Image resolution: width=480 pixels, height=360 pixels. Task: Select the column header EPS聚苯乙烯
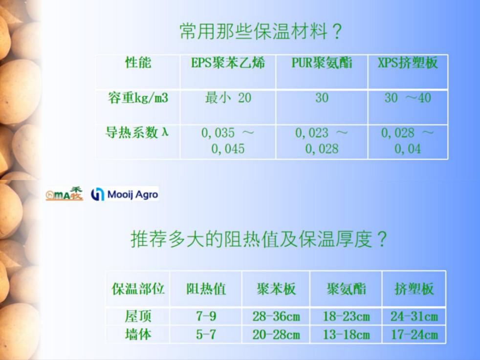pyautogui.click(x=228, y=64)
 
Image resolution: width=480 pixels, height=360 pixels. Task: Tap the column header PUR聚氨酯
pyautogui.click(x=322, y=64)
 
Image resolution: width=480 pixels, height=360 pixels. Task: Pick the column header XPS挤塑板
pyautogui.click(x=408, y=64)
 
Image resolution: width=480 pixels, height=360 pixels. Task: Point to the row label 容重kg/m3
pyautogui.click(x=138, y=98)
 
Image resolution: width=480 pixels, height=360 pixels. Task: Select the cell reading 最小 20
pyautogui.click(x=228, y=98)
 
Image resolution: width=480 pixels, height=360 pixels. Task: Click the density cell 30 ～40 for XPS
pyautogui.click(x=408, y=98)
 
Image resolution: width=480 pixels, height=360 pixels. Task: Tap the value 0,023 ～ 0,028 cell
pyautogui.click(x=322, y=140)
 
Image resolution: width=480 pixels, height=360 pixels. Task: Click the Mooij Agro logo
pyautogui.click(x=125, y=194)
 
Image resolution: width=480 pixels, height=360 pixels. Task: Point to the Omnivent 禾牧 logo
pyautogui.click(x=65, y=194)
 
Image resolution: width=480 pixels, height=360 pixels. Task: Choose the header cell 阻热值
pyautogui.click(x=206, y=289)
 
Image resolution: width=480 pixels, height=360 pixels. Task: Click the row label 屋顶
pyautogui.click(x=138, y=316)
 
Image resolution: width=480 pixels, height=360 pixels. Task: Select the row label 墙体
pyautogui.click(x=138, y=335)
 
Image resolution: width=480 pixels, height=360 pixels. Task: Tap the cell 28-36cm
pyautogui.click(x=276, y=316)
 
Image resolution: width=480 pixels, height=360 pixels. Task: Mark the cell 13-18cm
pyautogui.click(x=346, y=335)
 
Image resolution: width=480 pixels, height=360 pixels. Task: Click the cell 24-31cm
pyautogui.click(x=414, y=316)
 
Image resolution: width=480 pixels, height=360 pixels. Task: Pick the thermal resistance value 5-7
pyautogui.click(x=206, y=335)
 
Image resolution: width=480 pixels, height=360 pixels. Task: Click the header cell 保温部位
pyautogui.click(x=138, y=289)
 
